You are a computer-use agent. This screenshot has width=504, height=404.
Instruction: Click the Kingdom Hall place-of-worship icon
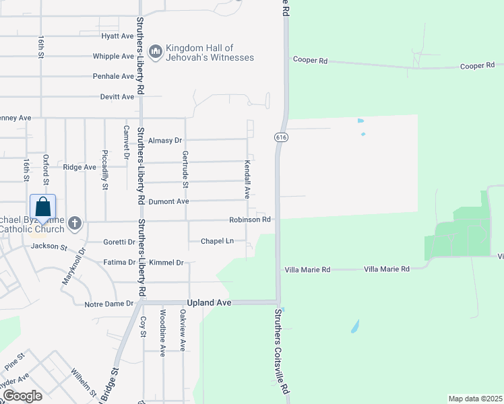[156, 52]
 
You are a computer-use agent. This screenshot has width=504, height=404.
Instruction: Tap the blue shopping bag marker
[42, 208]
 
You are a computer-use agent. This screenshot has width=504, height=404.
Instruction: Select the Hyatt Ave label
[118, 36]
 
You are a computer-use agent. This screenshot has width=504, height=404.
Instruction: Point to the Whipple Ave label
[114, 56]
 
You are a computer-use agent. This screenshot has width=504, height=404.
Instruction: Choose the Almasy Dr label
[165, 140]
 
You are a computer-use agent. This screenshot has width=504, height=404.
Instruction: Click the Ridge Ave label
[80, 166]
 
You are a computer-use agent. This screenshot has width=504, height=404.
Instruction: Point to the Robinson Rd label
[249, 220]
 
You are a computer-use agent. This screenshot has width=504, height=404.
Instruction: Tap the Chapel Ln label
[217, 240]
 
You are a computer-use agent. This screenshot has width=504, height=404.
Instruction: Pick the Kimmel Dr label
[166, 262]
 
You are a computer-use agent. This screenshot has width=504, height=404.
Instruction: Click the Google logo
[22, 396]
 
